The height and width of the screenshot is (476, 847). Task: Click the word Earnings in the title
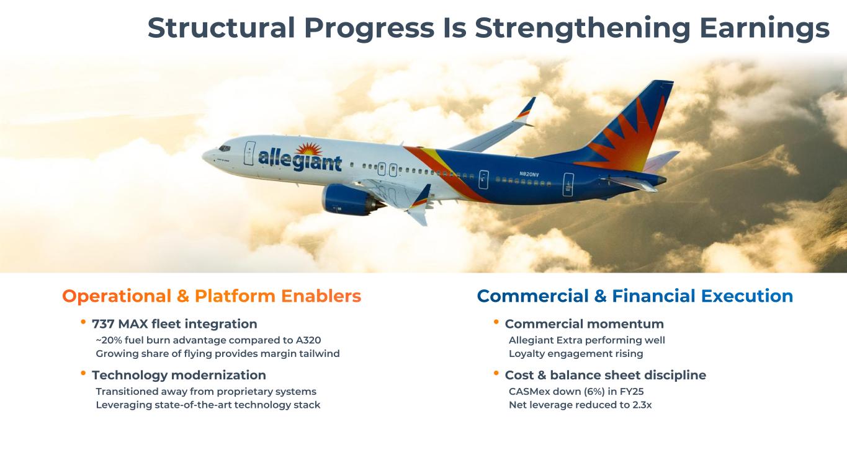(764, 29)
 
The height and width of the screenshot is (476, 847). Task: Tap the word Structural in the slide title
(221, 27)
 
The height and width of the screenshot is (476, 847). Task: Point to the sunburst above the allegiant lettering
(309, 149)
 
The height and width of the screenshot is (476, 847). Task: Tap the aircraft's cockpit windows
(224, 148)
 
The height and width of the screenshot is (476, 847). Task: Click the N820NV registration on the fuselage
(529, 174)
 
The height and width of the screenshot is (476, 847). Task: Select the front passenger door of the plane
(249, 153)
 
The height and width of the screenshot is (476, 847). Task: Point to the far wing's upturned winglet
(527, 110)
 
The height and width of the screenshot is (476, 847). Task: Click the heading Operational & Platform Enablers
(212, 296)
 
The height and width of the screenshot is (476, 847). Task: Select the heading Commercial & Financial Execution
(635, 296)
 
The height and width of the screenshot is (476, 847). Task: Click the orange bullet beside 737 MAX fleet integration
(83, 322)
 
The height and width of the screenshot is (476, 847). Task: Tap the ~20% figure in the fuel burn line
(109, 340)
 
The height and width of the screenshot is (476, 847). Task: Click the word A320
(308, 340)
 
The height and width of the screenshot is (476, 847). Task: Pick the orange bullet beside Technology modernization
(83, 373)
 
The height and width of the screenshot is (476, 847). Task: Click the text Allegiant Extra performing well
(586, 340)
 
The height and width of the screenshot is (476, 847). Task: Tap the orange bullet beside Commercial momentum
(496, 322)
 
